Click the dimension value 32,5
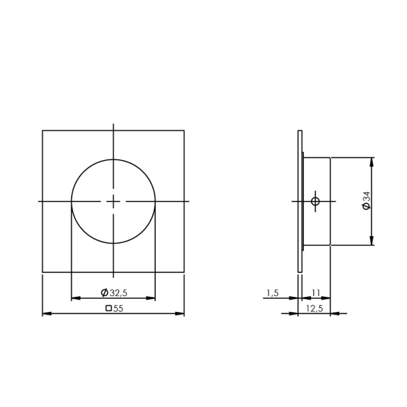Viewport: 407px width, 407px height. coord(118,293)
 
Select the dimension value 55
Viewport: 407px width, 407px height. coord(118,308)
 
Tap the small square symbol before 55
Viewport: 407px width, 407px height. coord(109,308)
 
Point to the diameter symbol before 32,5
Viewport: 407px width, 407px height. coord(104,293)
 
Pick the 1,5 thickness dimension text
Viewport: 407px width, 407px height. coord(272,293)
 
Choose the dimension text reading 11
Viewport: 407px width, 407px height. coord(315,292)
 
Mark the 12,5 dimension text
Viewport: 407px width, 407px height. coord(315,308)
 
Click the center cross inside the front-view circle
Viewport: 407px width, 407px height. coord(114,201)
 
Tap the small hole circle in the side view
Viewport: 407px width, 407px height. coord(315,201)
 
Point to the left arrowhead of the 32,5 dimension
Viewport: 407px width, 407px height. coord(75,298)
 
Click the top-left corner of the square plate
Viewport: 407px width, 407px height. coord(42,130)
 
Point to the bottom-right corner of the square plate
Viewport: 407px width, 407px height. coord(185,272)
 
